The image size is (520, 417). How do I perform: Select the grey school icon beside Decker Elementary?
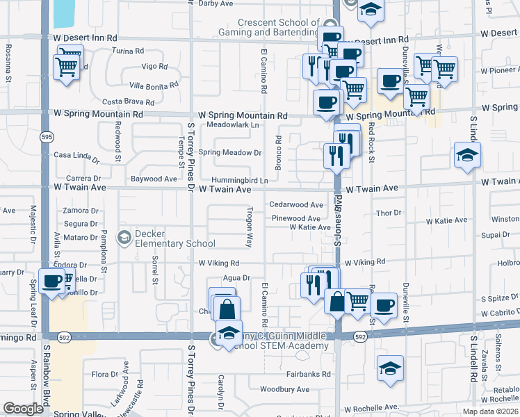point(124,238)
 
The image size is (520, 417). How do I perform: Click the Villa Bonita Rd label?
point(154,85)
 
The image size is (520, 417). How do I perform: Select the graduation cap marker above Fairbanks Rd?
point(391,368)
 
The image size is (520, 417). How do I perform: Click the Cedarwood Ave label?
point(296,205)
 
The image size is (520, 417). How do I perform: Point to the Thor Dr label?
point(389,213)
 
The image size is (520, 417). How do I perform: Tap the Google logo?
point(23,409)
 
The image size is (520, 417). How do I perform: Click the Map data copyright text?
point(491,411)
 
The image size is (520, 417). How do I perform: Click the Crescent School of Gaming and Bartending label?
point(288,28)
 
